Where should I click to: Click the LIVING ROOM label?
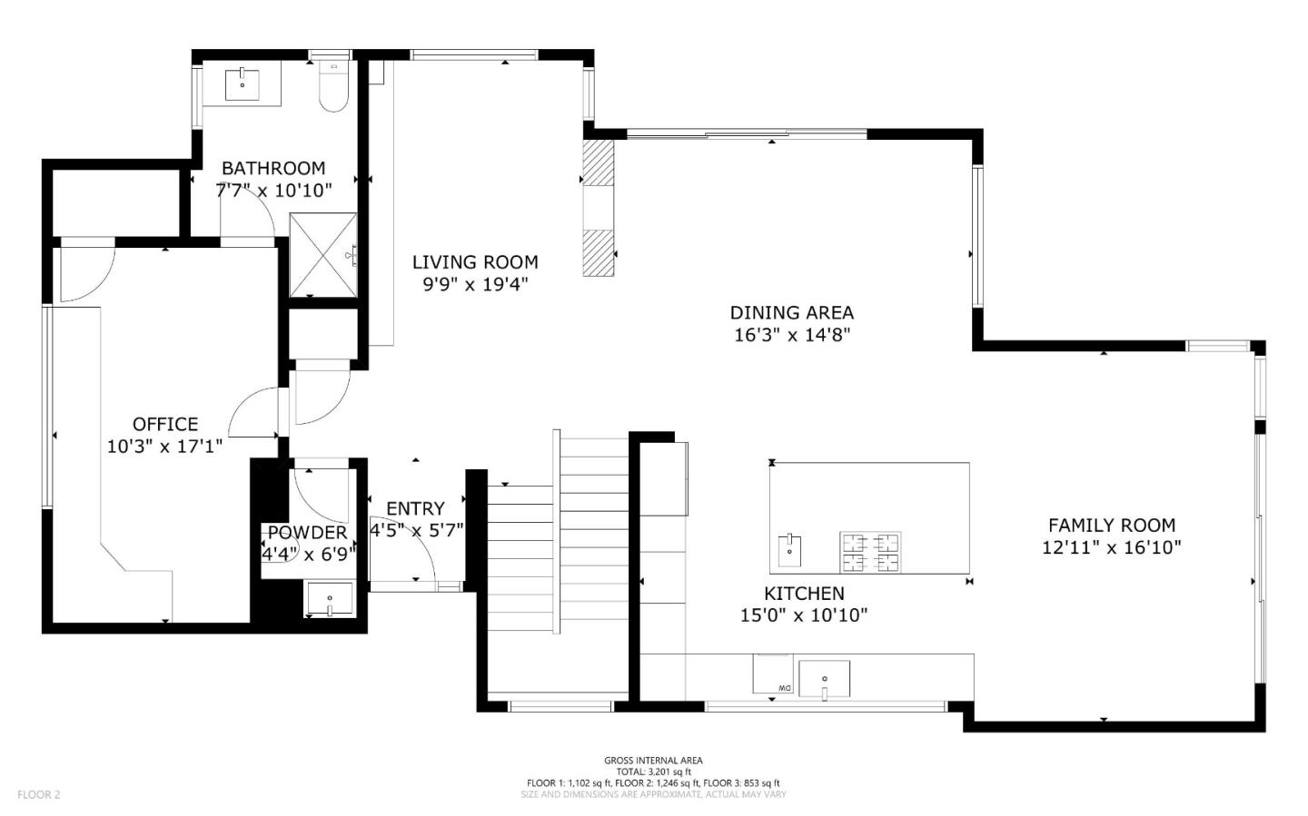(x=475, y=262)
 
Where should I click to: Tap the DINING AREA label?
(x=791, y=312)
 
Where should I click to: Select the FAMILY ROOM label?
(x=1111, y=525)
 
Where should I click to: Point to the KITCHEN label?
(x=804, y=594)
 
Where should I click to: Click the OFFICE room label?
(x=164, y=424)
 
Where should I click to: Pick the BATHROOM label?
(x=273, y=168)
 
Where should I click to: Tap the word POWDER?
(x=307, y=533)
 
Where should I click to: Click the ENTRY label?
(x=415, y=508)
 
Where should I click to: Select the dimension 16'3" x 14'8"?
(x=791, y=335)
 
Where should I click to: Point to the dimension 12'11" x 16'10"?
(x=1111, y=547)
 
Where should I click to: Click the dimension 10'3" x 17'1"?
(x=164, y=446)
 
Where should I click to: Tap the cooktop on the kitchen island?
(x=871, y=553)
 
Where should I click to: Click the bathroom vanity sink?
(x=243, y=84)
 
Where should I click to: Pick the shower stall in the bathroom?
(x=322, y=255)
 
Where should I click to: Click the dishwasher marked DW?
(x=773, y=673)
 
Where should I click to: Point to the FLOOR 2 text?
(x=39, y=794)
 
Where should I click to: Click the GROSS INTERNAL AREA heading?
(x=653, y=761)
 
